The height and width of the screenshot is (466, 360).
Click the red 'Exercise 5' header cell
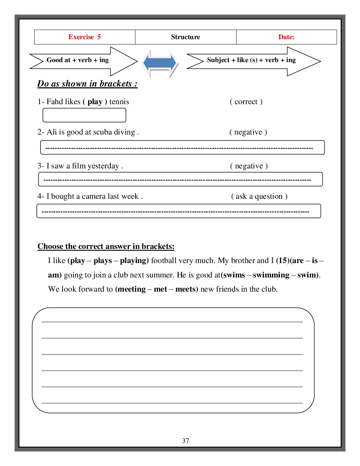tap(85, 37)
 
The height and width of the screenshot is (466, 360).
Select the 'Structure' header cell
tap(185, 37)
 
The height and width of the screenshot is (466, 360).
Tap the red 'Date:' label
tap(286, 37)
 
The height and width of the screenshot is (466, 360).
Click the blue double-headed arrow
tap(160, 63)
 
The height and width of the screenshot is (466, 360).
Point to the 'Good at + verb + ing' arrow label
tap(78, 60)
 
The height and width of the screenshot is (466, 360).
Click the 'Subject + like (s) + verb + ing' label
tap(251, 60)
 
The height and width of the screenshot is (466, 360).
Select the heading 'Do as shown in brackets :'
tap(87, 84)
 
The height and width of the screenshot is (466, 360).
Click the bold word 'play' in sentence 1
tap(95, 102)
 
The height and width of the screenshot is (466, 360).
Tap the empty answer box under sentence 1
tap(84, 115)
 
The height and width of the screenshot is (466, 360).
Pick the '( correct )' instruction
tap(246, 102)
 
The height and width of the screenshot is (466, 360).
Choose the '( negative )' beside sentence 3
tap(249, 166)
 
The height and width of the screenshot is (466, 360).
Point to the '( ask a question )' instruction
tap(259, 196)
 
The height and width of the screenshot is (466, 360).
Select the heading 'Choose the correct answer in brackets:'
tap(106, 246)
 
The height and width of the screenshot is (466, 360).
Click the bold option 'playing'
tap(133, 261)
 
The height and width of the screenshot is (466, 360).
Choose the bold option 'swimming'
tap(271, 275)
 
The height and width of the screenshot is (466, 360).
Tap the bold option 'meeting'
tap(131, 289)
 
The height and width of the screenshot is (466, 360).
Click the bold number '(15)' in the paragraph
tap(283, 261)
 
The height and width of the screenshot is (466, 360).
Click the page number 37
tap(186, 441)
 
